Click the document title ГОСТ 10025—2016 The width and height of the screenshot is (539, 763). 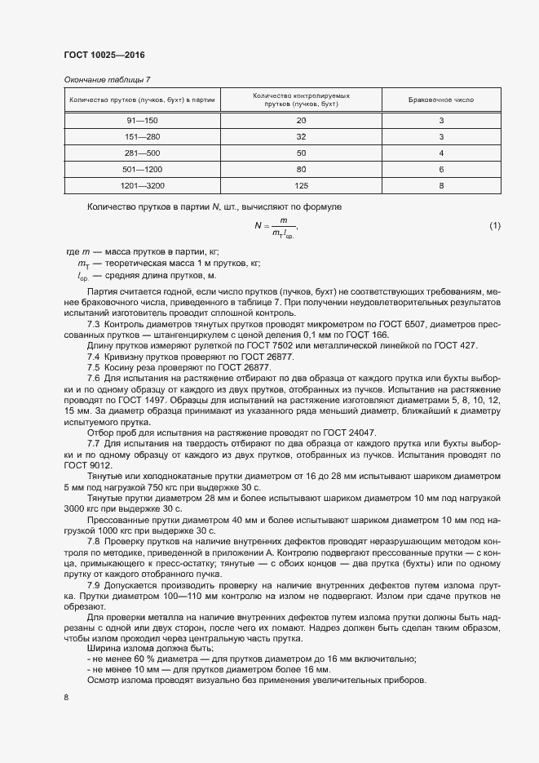[x=104, y=55]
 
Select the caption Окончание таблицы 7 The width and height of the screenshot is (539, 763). [x=107, y=79]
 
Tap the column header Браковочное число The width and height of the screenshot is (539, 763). [x=441, y=100]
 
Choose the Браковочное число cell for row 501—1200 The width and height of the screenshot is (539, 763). [x=441, y=169]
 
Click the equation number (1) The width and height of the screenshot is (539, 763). [x=494, y=225]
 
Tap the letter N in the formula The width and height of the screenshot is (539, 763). [x=258, y=226]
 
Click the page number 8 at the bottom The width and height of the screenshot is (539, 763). [x=67, y=698]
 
